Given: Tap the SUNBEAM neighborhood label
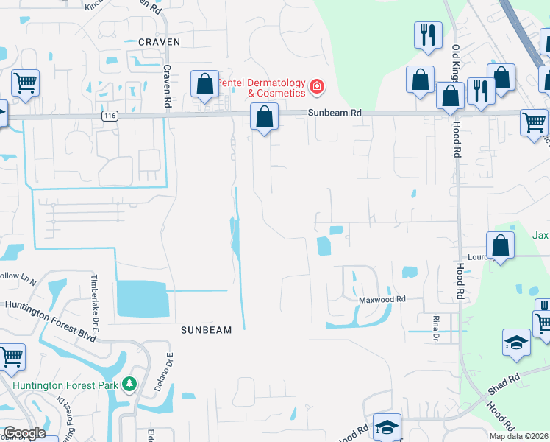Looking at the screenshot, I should [206, 331].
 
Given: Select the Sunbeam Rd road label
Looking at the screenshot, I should [335, 113].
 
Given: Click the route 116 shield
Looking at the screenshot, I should [110, 116].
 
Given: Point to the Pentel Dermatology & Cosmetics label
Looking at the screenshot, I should [265, 88].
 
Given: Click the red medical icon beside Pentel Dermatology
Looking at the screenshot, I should [317, 87].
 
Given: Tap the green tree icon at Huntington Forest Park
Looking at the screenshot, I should [129, 384].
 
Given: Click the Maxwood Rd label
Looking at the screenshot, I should [382, 299].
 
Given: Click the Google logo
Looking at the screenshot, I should [24, 433].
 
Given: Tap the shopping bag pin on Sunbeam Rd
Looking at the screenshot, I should [264, 116].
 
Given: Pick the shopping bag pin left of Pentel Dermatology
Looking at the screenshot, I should [204, 83].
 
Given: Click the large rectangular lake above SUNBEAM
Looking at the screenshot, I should [142, 298].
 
